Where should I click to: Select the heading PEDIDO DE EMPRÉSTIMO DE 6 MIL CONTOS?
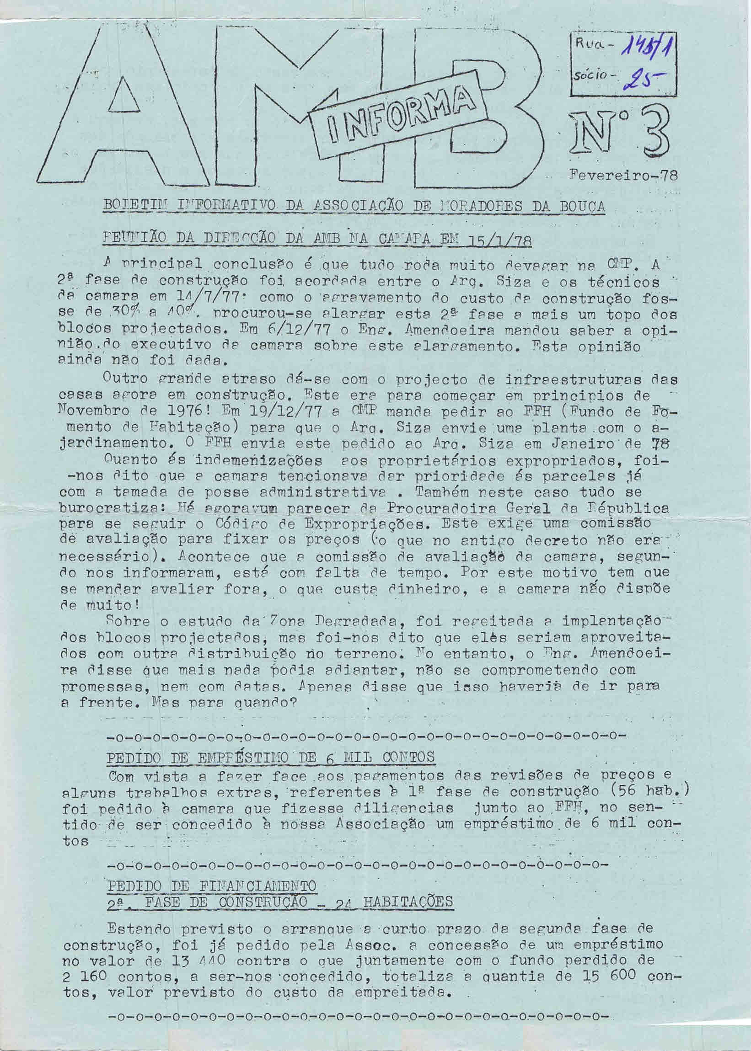point(270,757)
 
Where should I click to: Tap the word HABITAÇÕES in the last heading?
point(407,902)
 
